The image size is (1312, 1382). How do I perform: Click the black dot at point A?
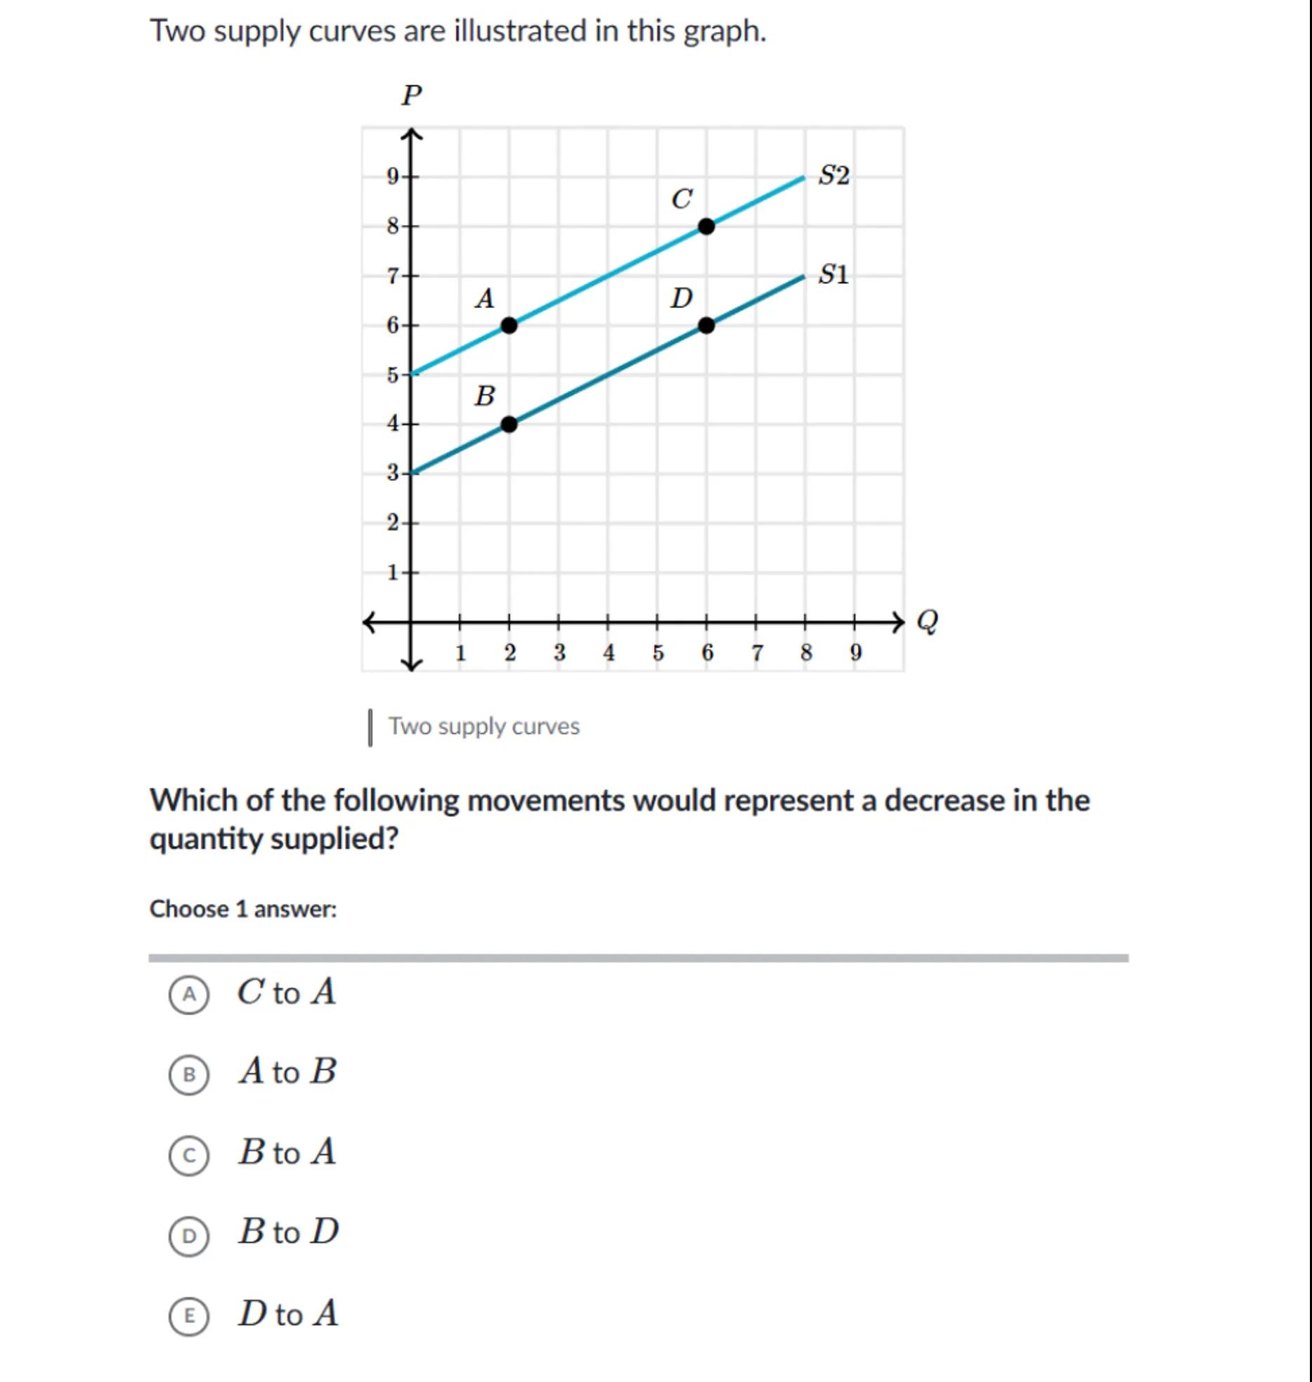coord(509,325)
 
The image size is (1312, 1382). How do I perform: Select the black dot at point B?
coord(509,425)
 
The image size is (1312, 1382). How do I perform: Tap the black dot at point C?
coord(706,226)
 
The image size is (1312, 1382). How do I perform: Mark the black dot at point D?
coord(706,325)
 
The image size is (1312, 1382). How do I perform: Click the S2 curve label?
coord(834,175)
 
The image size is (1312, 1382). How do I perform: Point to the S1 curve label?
coord(834,274)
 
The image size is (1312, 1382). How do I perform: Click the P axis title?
coord(412,95)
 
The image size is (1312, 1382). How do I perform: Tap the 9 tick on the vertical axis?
coord(393,176)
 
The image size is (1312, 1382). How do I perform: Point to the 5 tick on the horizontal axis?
coord(658,653)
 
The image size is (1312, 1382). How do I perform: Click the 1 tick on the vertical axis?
coord(393,573)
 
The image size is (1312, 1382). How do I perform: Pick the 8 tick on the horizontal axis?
coord(806,653)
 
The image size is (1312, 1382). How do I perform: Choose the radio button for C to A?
coord(189,995)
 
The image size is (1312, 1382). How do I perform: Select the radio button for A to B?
coord(189,1075)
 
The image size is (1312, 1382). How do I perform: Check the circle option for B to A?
coord(189,1155)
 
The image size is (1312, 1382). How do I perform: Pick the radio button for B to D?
coord(189,1235)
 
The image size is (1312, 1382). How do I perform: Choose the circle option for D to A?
coord(189,1316)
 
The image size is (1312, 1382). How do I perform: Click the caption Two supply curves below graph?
coord(484,726)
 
